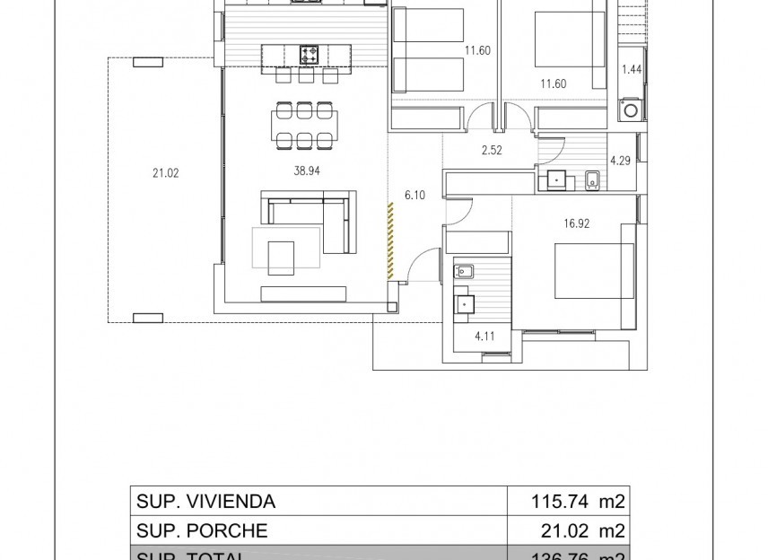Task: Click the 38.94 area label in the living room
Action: pos(306,172)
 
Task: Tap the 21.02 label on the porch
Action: pos(165,173)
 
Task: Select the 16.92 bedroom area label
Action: pos(577,224)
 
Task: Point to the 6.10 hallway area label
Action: pos(415,194)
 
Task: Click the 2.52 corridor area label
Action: pos(491,151)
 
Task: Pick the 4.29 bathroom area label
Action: pos(620,161)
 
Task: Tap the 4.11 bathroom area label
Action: pos(484,337)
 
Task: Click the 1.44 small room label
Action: pos(632,69)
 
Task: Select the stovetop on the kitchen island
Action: pos(310,55)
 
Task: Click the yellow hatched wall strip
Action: pos(390,239)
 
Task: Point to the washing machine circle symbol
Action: pos(631,110)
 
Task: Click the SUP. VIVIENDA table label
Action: pos(205,502)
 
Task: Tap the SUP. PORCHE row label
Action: pos(202,530)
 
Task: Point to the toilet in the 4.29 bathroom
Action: pos(592,180)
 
